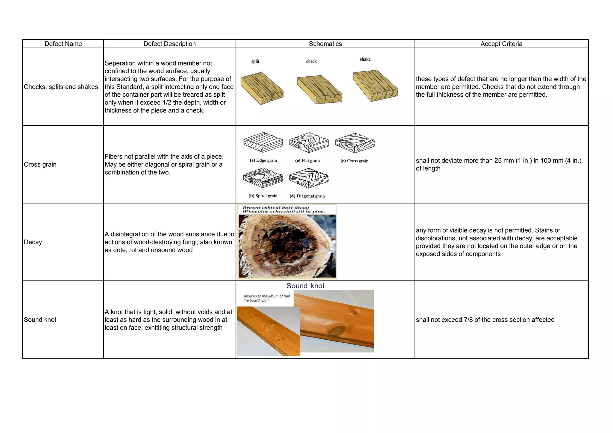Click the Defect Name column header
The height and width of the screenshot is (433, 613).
point(63,44)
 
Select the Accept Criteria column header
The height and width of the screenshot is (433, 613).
point(501,44)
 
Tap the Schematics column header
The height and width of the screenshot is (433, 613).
point(325,44)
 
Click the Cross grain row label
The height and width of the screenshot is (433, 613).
point(40,164)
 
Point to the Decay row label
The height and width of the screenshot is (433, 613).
point(33,242)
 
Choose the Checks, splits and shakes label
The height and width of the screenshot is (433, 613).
point(61,87)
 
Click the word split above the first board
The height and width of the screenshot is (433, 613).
point(255,61)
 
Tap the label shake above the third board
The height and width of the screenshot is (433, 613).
point(365,59)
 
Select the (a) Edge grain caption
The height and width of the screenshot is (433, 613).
point(263,160)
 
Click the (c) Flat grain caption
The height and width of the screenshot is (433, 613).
point(307,161)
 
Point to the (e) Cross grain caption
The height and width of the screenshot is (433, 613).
point(354,161)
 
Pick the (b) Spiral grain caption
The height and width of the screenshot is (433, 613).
point(263,196)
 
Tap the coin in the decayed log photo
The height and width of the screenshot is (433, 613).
point(306,243)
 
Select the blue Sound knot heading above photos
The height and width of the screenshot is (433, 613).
point(305,286)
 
